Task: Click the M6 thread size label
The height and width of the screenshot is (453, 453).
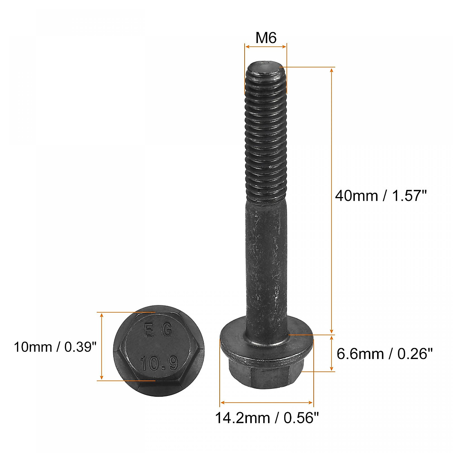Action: point(266,38)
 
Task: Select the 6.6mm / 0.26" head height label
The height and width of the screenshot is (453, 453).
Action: point(384,354)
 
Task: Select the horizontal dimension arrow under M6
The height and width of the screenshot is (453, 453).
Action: point(266,47)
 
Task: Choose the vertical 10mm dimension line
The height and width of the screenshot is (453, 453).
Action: point(102,346)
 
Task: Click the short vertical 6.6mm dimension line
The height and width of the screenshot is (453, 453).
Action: point(332,353)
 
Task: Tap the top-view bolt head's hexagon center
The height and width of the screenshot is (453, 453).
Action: point(159,347)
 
